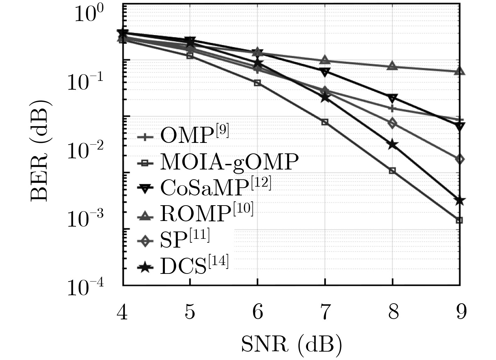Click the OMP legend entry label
194,135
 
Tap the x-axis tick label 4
122,312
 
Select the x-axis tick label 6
258,312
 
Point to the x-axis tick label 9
461,312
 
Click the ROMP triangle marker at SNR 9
460,71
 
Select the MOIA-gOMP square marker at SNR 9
460,220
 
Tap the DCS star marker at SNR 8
392,144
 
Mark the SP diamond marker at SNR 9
460,159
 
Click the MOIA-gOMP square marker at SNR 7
325,122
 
